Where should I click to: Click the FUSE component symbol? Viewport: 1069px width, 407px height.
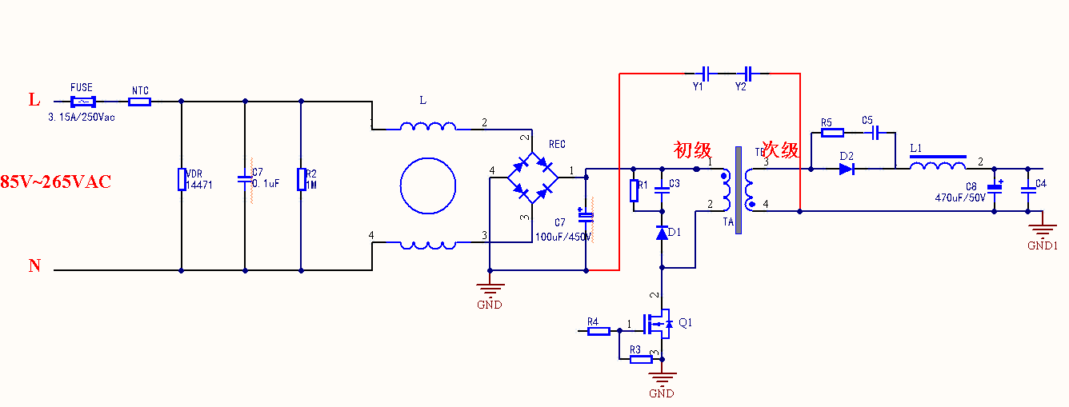pos(82,102)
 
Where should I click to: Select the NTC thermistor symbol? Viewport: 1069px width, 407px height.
pos(139,102)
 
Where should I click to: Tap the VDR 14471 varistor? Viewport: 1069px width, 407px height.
pos(182,179)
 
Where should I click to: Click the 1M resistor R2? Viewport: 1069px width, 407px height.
pos(301,179)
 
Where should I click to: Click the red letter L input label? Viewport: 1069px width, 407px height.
pos(34,100)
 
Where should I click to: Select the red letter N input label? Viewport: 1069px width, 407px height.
pos(34,266)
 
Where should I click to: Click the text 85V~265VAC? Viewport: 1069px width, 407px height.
pos(55,182)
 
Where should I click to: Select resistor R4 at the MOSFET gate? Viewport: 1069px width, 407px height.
pos(599,330)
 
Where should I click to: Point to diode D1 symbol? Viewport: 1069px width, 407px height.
pos(662,233)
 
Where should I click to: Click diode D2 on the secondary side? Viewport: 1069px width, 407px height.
pos(847,169)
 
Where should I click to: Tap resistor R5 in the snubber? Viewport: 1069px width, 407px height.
pos(833,132)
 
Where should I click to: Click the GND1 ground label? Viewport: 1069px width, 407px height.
pos(1043,245)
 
